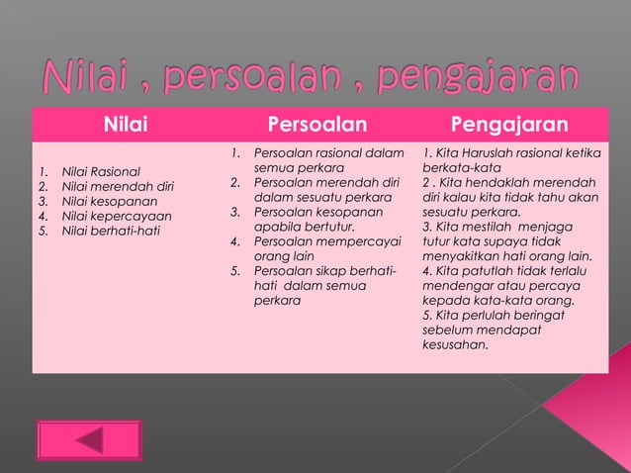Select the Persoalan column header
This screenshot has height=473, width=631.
[317, 125]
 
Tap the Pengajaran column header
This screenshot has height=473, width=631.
[509, 125]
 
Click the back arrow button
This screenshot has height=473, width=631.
[89, 440]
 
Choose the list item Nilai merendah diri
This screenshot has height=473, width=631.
[118, 186]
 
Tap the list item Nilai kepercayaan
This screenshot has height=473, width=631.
[117, 216]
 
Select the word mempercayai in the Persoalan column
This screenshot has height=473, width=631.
[362, 239]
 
